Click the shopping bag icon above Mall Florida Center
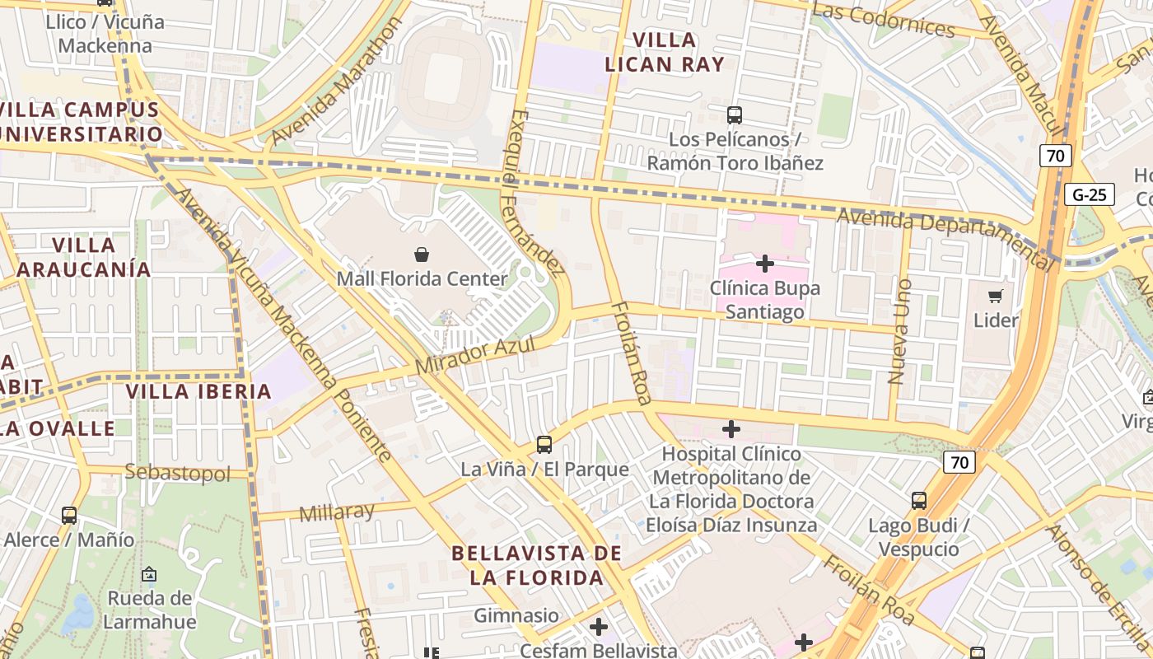click(422, 255)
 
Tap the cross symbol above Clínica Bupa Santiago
click(765, 264)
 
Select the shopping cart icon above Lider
click(996, 296)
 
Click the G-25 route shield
click(1089, 195)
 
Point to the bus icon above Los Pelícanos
click(735, 115)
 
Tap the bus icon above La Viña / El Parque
click(544, 445)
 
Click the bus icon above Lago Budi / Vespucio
click(919, 501)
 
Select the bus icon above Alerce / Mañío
click(69, 516)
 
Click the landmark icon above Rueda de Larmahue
click(149, 574)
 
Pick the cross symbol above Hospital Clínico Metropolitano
click(731, 429)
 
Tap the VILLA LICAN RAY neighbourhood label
click(664, 52)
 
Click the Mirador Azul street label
click(475, 354)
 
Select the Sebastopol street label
click(177, 473)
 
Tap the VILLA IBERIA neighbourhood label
click(198, 391)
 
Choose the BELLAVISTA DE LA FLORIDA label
click(537, 565)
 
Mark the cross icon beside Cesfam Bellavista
click(599, 628)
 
